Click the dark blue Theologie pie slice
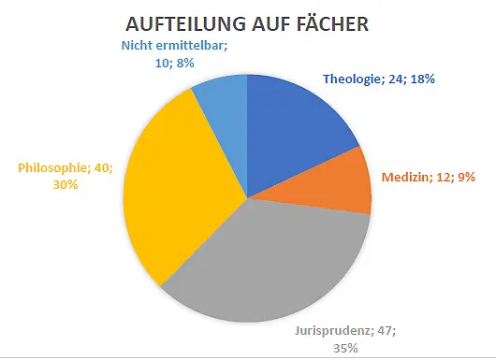(x=294, y=130)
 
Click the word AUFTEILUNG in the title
(x=185, y=24)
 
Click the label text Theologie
(x=353, y=79)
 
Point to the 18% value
(x=423, y=79)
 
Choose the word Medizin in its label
(x=405, y=177)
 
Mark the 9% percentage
(x=465, y=177)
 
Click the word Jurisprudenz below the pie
(x=332, y=332)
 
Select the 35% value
(x=345, y=348)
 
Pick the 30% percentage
(x=66, y=184)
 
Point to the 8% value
(x=185, y=64)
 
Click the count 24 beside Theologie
(x=396, y=79)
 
